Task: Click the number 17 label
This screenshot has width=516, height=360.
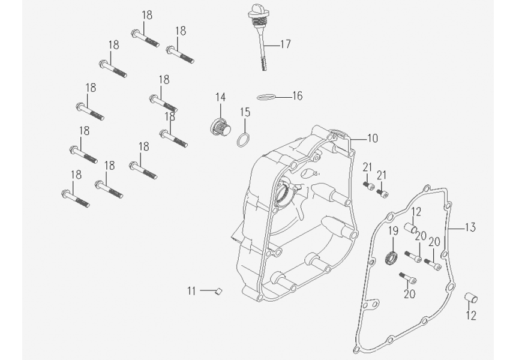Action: (x=285, y=44)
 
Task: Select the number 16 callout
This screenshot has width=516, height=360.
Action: (x=298, y=96)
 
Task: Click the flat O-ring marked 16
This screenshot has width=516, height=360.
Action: (x=267, y=96)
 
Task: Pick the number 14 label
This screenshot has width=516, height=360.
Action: (x=221, y=97)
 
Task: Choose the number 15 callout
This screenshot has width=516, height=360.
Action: (x=245, y=112)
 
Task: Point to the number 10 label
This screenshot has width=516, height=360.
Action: (x=372, y=139)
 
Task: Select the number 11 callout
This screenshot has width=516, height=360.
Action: (x=191, y=291)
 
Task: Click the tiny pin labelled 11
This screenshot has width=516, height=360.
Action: (x=219, y=292)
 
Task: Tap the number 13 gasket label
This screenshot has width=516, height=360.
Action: (x=470, y=227)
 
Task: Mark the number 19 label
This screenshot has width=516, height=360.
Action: (x=393, y=231)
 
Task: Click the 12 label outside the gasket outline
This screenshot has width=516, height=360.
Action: (x=471, y=316)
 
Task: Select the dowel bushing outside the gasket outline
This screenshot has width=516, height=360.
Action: (x=471, y=298)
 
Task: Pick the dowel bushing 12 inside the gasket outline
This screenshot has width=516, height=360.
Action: (x=411, y=229)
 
